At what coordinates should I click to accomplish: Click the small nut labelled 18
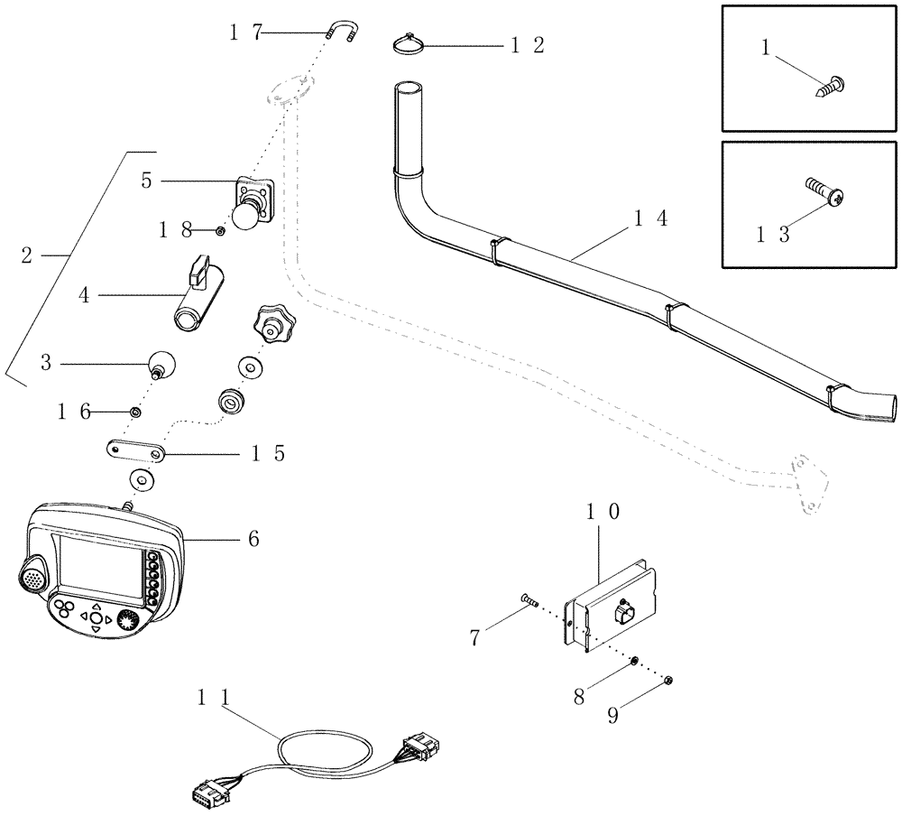220,231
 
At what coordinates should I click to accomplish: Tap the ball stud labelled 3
161,364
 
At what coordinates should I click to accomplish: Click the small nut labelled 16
135,412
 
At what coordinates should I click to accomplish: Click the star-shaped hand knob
270,322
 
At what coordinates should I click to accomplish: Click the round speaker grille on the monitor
32,572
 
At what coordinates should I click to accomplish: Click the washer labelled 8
636,661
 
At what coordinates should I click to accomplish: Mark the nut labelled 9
670,681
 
